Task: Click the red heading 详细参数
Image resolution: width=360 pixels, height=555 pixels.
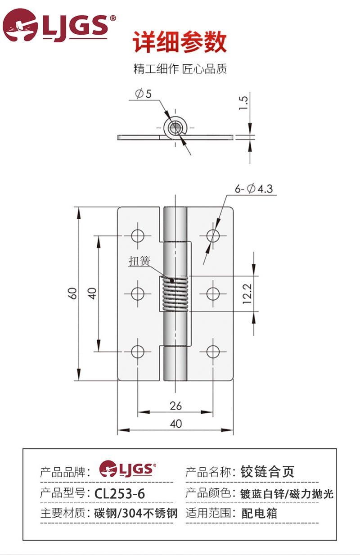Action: pos(180,43)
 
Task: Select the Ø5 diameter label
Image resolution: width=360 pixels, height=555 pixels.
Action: pos(143,94)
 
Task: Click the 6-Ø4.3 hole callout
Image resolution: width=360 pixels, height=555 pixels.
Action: pos(254,189)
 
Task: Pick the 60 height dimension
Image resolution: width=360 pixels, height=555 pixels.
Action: pos(73,293)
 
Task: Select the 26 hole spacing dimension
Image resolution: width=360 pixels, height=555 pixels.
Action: pos(176,406)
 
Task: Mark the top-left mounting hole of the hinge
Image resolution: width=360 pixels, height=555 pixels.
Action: pos(138,235)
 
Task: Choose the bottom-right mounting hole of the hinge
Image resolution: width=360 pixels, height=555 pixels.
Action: pos(213,352)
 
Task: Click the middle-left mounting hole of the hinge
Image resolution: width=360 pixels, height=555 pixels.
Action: pos(138,293)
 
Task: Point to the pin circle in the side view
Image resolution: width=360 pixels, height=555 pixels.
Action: pos(175,128)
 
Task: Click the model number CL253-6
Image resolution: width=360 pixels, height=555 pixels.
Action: pos(120,493)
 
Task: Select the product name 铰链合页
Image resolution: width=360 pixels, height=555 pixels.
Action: pos(268,472)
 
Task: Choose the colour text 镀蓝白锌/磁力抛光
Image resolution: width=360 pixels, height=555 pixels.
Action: pos(287,493)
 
